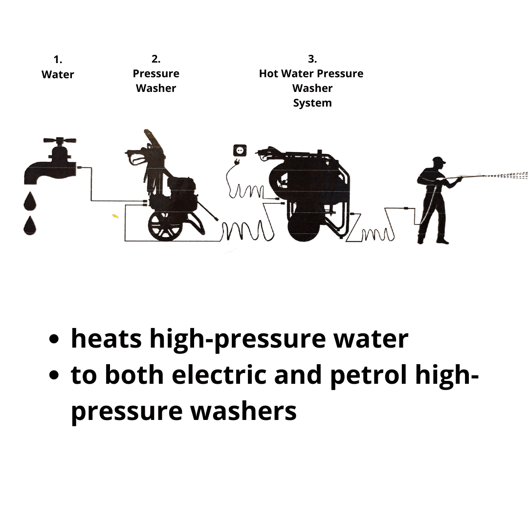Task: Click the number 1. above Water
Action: (58, 60)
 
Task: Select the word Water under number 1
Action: (58, 74)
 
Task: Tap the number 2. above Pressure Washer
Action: (156, 59)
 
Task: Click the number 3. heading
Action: (312, 59)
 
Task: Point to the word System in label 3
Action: (312, 103)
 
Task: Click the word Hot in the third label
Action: (268, 73)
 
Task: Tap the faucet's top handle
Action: (60, 140)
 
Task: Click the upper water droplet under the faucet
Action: (30, 201)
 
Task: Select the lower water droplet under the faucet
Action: (30, 225)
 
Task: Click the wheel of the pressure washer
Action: (165, 226)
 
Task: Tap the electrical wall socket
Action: (240, 150)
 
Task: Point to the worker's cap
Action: (439, 160)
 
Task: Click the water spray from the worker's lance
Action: (505, 175)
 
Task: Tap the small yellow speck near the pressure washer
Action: (115, 216)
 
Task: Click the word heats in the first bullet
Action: (107, 339)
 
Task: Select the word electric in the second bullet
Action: (219, 375)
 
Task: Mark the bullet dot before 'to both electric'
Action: (54, 375)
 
